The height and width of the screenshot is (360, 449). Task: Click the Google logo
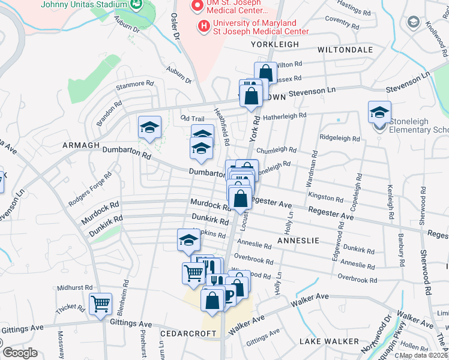pos(20,353)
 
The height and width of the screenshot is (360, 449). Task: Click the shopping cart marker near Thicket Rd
pos(100,304)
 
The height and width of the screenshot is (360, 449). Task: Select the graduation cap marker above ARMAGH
pos(149,127)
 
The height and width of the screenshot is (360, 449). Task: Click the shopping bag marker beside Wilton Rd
pos(265,73)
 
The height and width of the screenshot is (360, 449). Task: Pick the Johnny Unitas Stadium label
pos(84,4)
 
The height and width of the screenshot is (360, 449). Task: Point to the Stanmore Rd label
pos(131,85)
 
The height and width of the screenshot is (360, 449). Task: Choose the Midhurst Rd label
pos(76,287)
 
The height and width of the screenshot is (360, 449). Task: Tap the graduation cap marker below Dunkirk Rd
pos(188,240)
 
